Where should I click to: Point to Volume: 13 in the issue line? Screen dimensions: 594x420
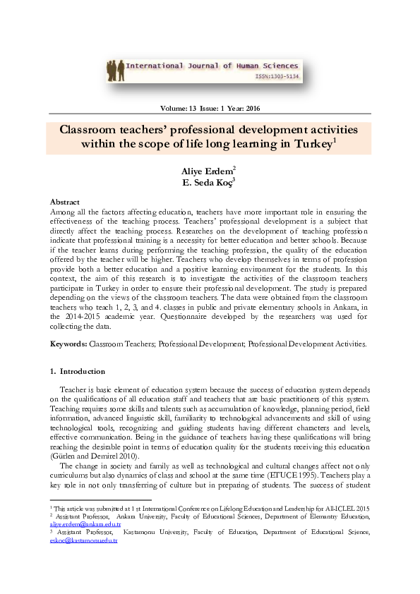point(178,109)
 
